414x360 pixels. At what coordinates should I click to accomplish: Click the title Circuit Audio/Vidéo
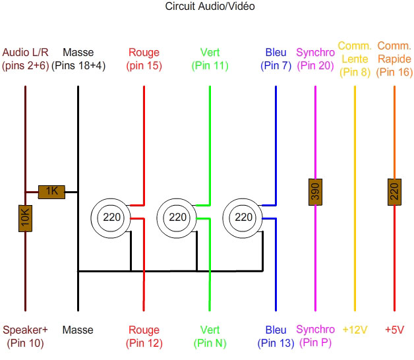210,7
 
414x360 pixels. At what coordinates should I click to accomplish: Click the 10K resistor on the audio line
25,218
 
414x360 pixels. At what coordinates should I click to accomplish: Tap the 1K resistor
51,192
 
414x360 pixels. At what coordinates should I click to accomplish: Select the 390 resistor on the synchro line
315,192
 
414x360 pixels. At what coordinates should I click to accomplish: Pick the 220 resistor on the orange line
394,192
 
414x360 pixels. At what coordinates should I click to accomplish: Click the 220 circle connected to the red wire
111,217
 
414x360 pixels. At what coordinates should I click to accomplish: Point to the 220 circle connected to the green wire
177,217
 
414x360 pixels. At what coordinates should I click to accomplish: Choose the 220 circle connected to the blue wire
243,217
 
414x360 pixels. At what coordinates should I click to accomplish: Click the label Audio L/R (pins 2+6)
26,59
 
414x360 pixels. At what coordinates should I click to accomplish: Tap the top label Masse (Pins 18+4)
78,59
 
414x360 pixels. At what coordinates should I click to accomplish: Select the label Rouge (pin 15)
144,59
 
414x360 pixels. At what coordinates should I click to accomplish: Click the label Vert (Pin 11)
210,59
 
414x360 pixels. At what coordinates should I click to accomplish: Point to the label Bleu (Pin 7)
276,59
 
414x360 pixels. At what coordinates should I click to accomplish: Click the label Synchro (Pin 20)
315,59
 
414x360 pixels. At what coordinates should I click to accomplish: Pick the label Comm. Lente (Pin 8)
355,59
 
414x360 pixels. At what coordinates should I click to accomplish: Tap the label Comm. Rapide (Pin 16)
394,59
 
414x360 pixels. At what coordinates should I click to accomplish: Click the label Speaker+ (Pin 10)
26,336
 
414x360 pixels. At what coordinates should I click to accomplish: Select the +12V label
355,330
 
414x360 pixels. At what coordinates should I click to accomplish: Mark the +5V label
394,330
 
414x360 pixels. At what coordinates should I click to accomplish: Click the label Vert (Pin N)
210,336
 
